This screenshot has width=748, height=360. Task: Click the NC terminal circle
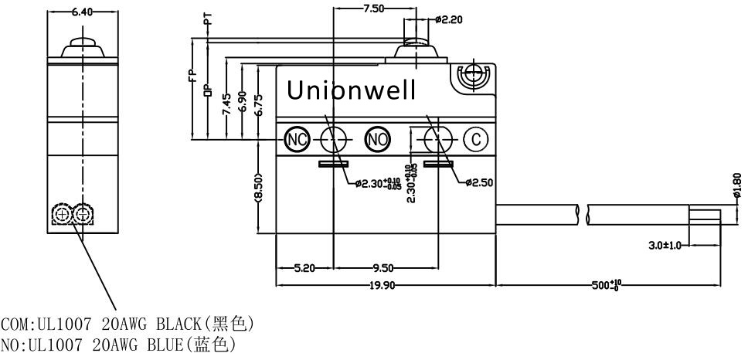[297, 140]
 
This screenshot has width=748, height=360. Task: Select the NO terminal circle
[377, 140]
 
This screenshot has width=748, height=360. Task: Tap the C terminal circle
[476, 140]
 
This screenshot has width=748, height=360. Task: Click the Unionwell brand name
[351, 90]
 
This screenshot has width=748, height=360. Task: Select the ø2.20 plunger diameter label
[449, 19]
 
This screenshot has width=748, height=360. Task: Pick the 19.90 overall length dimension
[382, 285]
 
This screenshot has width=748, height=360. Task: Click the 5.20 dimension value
[304, 268]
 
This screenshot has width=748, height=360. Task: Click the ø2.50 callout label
[479, 182]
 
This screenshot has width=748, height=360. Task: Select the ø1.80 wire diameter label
[737, 185]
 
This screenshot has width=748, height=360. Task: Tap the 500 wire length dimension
[606, 285]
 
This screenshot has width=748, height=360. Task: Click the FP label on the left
[192, 76]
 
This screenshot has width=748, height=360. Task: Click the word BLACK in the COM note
[179, 324]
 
